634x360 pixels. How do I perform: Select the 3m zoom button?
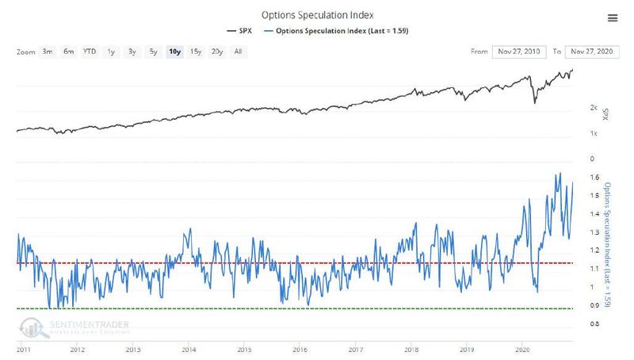48,52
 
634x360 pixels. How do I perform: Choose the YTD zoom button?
90,52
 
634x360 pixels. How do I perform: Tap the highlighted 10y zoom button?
174,52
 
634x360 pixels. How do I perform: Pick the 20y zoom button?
216,52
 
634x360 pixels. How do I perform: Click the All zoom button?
238,52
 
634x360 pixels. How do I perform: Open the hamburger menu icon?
612,17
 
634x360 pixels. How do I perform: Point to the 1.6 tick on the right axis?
594,178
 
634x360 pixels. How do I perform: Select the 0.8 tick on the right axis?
594,324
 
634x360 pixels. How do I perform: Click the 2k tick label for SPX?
594,106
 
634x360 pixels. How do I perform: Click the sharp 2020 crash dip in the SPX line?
535,102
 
